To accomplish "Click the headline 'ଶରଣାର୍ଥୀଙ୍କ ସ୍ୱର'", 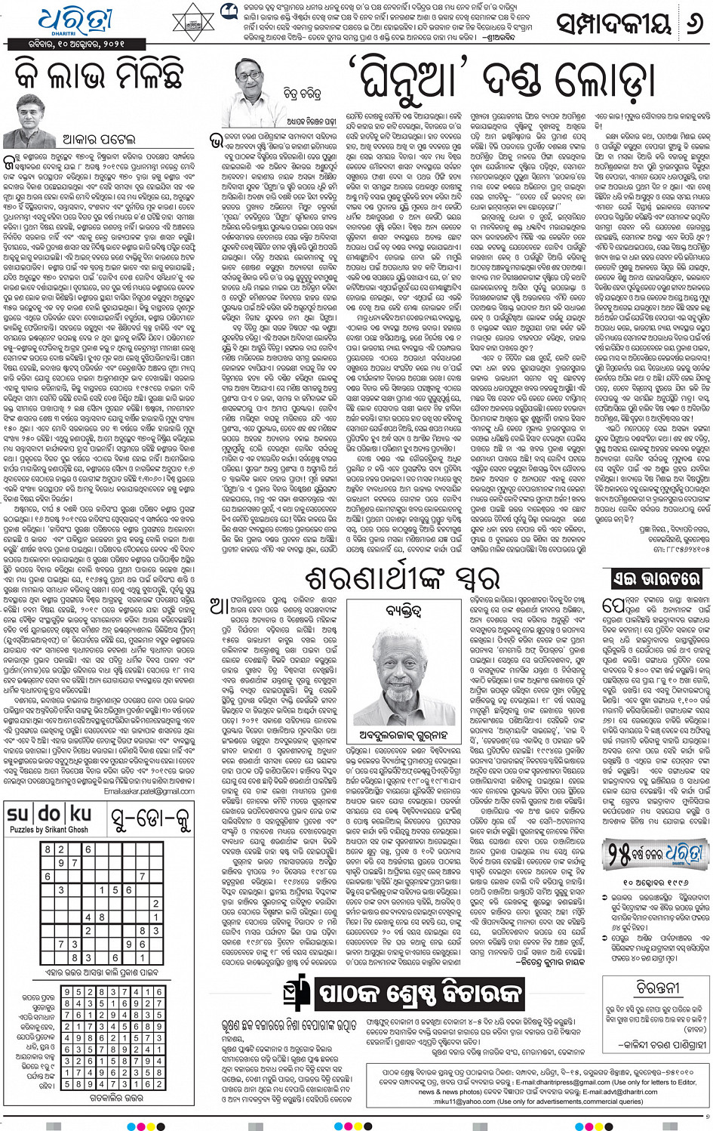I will click(403, 580).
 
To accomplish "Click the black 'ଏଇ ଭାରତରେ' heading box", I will click(655, 579).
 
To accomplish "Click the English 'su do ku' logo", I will click(49, 814).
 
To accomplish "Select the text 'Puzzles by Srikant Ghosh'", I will click(49, 830).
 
